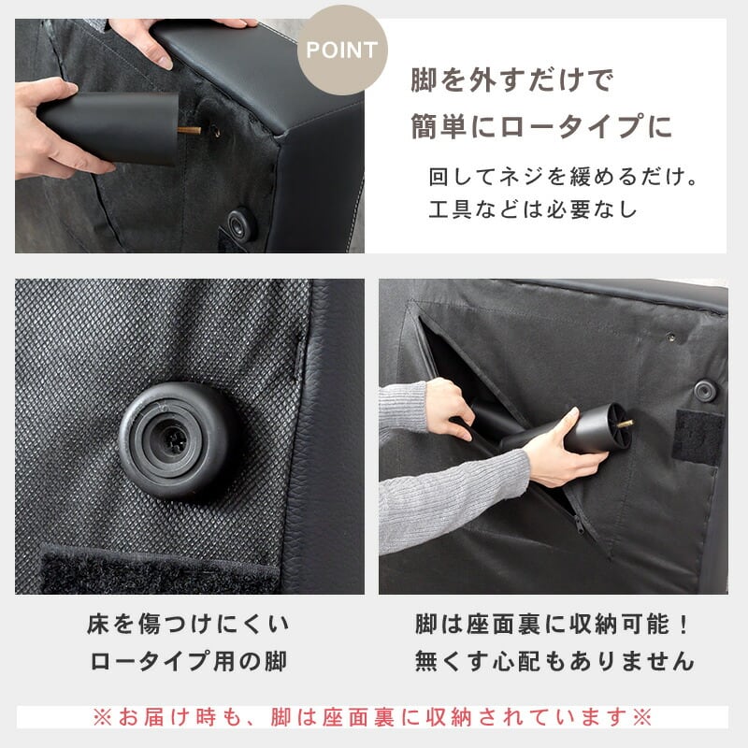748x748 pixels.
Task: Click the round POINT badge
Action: (342, 50)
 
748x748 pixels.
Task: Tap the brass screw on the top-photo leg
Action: (189, 130)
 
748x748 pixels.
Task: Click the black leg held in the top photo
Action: (108, 127)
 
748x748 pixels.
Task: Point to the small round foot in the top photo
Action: (242, 223)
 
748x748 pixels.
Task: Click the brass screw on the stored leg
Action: (626, 423)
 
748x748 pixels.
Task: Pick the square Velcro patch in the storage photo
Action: (698, 437)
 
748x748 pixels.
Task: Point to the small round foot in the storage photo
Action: (705, 390)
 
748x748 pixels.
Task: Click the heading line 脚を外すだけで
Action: (511, 79)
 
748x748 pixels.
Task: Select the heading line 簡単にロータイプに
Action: (541, 126)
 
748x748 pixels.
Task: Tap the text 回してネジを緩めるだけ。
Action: (563, 177)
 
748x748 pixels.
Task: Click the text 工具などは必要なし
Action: (532, 209)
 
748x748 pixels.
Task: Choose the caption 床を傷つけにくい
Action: (188, 624)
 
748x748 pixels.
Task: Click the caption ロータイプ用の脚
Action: (188, 661)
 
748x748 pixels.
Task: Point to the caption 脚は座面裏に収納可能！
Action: (552, 624)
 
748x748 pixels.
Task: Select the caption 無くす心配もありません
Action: (554, 661)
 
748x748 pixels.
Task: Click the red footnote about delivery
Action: (372, 717)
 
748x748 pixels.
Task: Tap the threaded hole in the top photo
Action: (216, 131)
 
